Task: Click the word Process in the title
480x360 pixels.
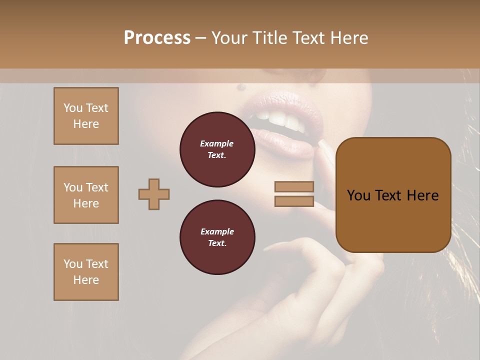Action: coord(157,38)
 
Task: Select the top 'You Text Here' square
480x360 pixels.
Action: coord(86,116)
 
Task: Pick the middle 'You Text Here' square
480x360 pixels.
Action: coord(86,195)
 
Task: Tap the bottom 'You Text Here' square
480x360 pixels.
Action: coord(86,272)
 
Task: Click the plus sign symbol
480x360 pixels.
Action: coord(154,194)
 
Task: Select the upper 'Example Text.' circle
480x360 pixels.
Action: coord(217,149)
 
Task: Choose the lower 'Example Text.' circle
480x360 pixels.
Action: coord(217,237)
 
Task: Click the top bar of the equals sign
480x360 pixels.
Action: coord(294,187)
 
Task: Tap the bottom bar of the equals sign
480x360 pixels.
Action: coord(294,201)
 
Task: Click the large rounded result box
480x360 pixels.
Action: coord(393,195)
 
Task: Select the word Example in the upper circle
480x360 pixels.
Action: coord(217,144)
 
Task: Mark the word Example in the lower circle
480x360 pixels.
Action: coord(217,232)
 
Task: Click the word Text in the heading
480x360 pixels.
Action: coord(309,38)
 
